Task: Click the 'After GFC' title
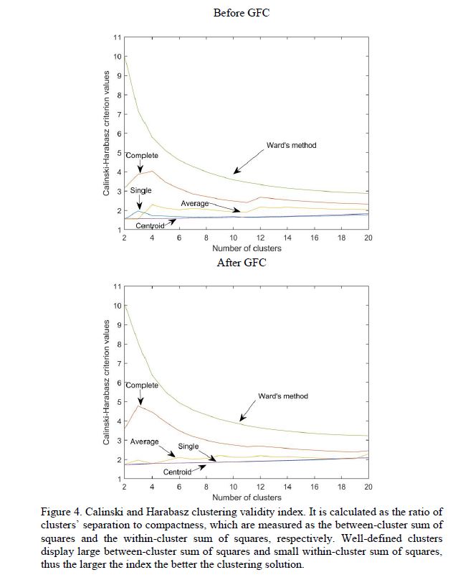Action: (x=242, y=262)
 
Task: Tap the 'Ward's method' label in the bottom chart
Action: (x=283, y=396)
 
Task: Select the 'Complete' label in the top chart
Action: (x=142, y=155)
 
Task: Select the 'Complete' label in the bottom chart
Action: (x=142, y=385)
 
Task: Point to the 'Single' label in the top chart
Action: (x=140, y=191)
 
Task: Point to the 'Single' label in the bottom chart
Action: (x=188, y=446)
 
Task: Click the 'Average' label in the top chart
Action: (x=194, y=204)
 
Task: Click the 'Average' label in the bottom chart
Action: (x=144, y=441)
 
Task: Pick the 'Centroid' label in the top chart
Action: (x=151, y=225)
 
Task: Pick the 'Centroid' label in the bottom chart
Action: (x=177, y=472)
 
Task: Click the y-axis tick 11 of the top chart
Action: (x=117, y=37)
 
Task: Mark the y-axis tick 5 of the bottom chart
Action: (x=118, y=402)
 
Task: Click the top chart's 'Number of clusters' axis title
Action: (x=247, y=248)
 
